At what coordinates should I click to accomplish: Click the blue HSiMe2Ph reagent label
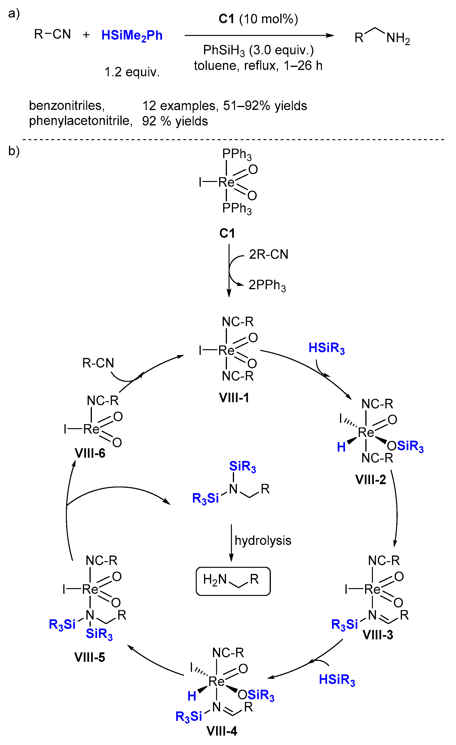pyautogui.click(x=132, y=36)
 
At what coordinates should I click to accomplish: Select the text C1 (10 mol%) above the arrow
pyautogui.click(x=258, y=19)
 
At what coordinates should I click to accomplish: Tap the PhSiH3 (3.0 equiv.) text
pyautogui.click(x=258, y=50)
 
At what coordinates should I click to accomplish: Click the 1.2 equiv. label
pyautogui.click(x=132, y=72)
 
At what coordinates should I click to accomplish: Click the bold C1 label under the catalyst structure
pyautogui.click(x=227, y=233)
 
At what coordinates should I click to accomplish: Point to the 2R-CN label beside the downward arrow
pyautogui.click(x=268, y=254)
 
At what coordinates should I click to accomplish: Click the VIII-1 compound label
pyautogui.click(x=234, y=398)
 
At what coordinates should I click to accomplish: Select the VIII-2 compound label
pyautogui.click(x=371, y=479)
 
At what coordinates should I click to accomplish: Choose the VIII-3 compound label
pyautogui.click(x=378, y=635)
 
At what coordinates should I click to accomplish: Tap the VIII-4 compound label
pyautogui.click(x=222, y=731)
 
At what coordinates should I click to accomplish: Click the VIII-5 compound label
pyautogui.click(x=89, y=657)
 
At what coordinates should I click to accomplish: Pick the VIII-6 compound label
pyautogui.click(x=90, y=453)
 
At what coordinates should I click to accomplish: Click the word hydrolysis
pyautogui.click(x=263, y=540)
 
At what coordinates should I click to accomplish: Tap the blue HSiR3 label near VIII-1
pyautogui.click(x=326, y=348)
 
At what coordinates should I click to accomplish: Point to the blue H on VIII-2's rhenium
pyautogui.click(x=341, y=447)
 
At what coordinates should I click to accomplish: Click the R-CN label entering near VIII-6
pyautogui.click(x=98, y=363)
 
